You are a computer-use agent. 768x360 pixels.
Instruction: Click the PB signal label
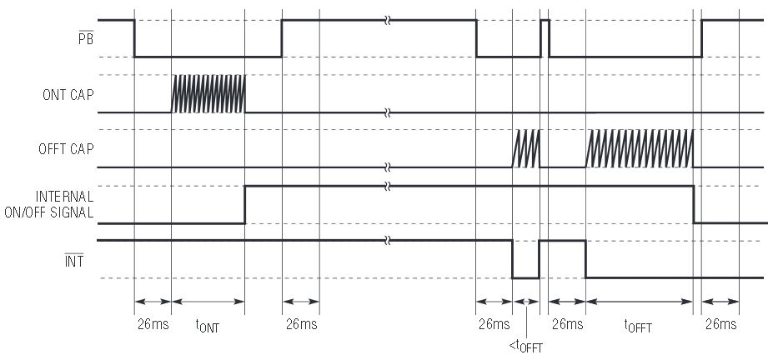(86, 37)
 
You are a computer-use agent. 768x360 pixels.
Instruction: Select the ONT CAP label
(68, 94)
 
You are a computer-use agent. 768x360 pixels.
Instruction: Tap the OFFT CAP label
(66, 149)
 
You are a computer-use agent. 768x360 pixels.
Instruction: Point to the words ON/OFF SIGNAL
(49, 212)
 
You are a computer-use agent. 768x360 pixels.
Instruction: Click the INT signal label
(74, 260)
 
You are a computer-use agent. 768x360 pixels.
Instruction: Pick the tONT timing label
(207, 326)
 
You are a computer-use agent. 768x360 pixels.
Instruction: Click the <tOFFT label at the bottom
(525, 347)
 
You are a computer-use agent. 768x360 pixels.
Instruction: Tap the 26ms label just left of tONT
(153, 324)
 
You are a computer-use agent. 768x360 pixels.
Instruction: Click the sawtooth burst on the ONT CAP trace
(208, 94)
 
